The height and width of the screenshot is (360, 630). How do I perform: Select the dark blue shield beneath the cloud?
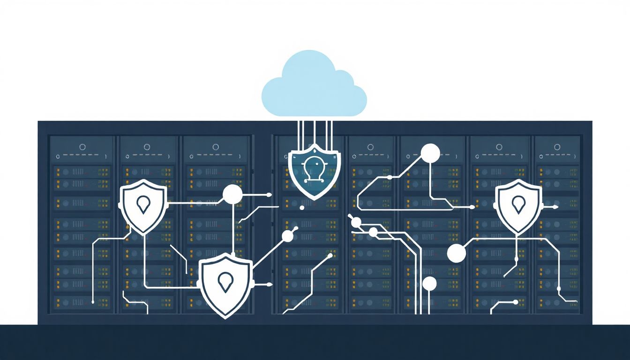(314, 172)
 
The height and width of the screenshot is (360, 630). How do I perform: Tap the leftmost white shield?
(143, 206)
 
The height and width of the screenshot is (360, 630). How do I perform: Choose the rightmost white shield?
(518, 206)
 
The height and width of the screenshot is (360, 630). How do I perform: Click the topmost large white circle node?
(430, 153)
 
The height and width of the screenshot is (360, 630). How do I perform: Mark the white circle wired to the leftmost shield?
(232, 195)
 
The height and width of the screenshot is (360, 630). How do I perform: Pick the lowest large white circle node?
(429, 284)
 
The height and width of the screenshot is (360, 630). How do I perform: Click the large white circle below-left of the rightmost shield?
(457, 253)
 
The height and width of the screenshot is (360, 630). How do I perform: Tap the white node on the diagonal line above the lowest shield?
(288, 236)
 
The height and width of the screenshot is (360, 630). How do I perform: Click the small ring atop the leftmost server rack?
(82, 147)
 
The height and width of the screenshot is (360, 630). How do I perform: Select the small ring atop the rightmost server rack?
(558, 147)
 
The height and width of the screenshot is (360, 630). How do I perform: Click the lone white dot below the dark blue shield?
(302, 207)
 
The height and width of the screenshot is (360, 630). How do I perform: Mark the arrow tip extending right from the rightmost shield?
(556, 207)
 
